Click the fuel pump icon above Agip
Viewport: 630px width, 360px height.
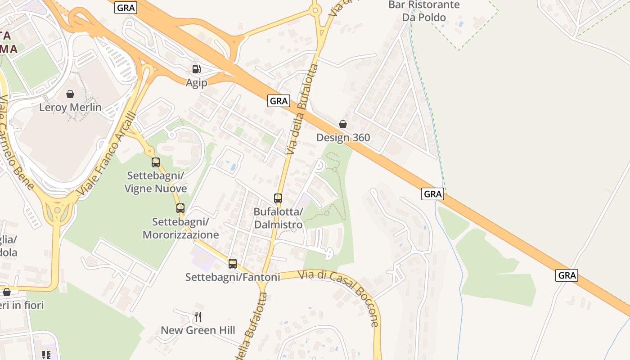196,69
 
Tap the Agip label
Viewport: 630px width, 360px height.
197,83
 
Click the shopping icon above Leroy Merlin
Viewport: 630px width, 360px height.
70,94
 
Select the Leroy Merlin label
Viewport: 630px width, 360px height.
70,108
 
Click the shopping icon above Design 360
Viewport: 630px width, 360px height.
343,124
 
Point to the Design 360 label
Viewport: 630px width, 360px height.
343,138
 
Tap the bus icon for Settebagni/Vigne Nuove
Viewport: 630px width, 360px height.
156,162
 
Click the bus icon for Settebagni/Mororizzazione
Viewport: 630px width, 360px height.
180,208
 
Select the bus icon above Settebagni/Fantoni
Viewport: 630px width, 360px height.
233,264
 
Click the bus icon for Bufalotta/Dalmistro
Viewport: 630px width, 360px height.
278,198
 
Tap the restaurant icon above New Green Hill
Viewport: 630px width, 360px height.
198,317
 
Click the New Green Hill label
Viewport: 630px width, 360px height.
198,330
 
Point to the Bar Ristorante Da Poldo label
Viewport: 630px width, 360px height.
424,11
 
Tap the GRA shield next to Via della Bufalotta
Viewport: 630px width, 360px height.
279,101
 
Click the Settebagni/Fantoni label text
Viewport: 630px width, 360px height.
233,277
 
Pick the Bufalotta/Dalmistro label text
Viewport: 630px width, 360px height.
278,217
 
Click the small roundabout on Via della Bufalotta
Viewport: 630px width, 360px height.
315,10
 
